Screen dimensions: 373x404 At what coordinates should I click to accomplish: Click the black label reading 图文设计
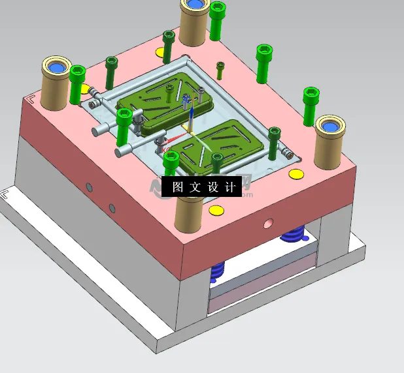coord(203,186)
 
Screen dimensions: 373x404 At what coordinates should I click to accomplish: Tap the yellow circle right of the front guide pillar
coord(215,209)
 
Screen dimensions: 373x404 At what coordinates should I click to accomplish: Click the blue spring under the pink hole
coord(294,233)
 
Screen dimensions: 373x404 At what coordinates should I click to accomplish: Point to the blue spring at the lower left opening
coord(218,268)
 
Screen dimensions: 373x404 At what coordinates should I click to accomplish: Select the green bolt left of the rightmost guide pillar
coord(311,104)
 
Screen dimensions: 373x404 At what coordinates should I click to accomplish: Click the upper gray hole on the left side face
coord(90,188)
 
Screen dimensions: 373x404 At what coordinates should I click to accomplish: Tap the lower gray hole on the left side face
coord(112,208)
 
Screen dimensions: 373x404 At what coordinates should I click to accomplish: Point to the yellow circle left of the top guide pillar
coord(161,52)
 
